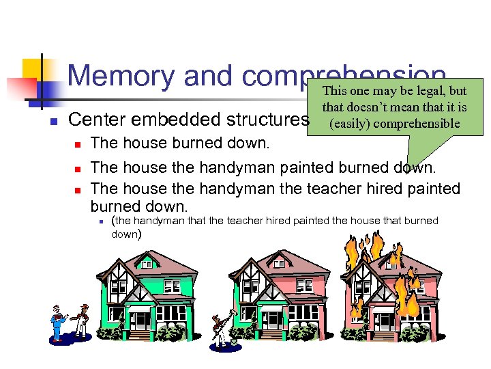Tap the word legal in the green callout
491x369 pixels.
point(434,91)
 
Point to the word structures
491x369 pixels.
point(267,120)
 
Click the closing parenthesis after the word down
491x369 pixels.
point(140,234)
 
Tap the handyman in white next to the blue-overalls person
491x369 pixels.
point(82,320)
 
